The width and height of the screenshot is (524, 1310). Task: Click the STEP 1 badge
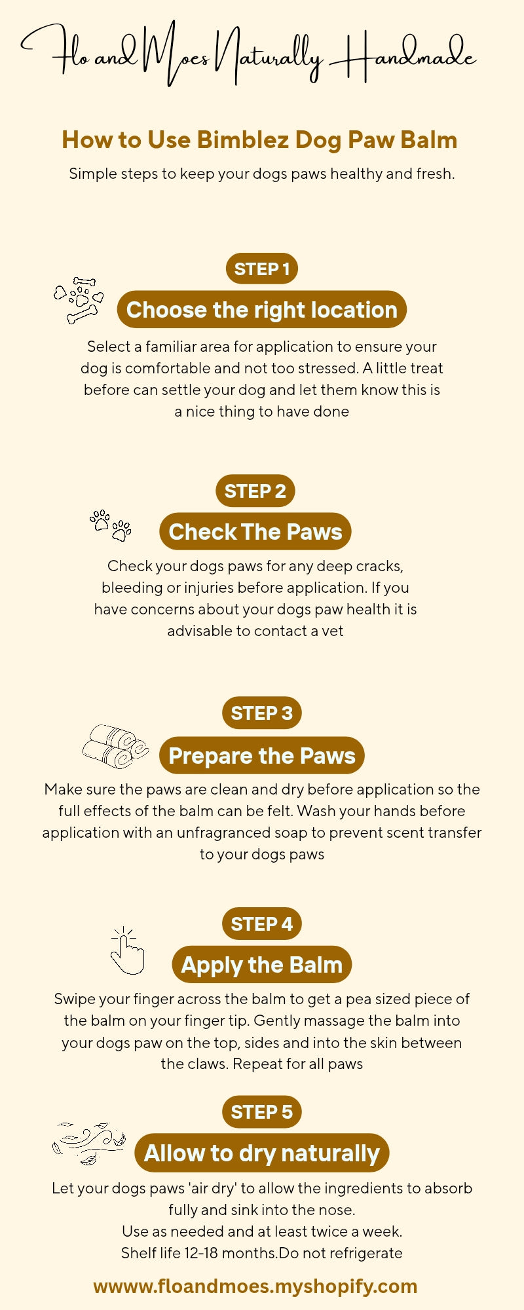262,269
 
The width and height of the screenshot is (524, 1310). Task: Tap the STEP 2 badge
255,491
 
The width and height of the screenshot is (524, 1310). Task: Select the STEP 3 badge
262,713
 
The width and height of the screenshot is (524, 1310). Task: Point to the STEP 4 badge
262,924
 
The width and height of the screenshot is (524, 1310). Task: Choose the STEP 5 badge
262,1112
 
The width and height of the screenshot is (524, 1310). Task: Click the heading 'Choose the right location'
262,310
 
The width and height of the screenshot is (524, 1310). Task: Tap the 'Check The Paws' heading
255,532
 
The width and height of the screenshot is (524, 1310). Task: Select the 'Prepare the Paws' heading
262,755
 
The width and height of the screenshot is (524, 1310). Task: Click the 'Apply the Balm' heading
262,965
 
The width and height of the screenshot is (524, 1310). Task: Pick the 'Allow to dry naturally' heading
262,1153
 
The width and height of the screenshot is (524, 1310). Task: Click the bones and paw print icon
79,300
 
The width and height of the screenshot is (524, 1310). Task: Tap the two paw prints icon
111,525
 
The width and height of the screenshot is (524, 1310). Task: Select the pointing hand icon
127,951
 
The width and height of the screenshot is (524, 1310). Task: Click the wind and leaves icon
88,1144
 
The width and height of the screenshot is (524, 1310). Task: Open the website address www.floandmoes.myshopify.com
255,1286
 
